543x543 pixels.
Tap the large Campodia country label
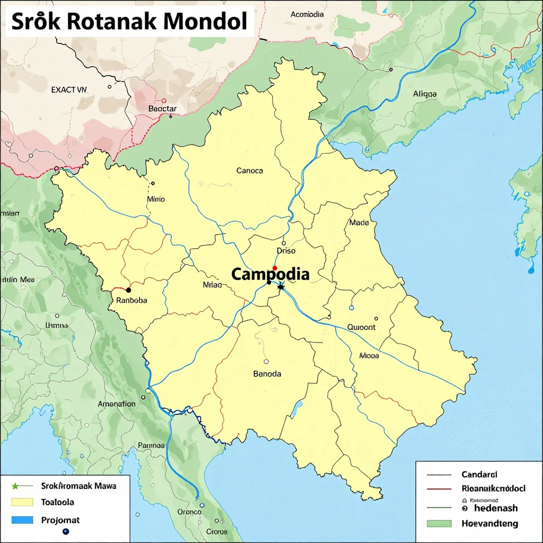270,274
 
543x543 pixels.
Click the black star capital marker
281,287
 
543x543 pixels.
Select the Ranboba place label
131,300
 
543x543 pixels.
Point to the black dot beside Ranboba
128,290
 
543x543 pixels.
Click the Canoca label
249,171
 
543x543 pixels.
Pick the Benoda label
267,373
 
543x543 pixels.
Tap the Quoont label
361,327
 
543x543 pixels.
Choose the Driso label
286,251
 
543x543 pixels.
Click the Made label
359,223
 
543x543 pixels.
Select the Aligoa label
425,94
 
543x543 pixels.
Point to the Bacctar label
162,109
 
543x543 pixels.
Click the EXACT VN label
68,90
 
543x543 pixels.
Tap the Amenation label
117,404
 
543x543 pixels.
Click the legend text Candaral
479,475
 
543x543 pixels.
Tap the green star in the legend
16,485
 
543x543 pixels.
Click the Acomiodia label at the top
307,14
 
